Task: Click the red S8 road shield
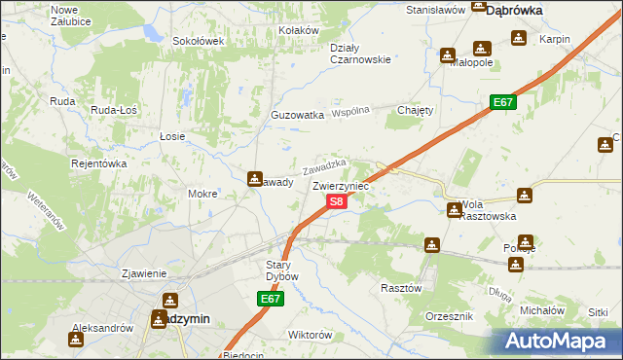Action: coord(336,201)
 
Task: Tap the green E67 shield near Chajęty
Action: coord(502,102)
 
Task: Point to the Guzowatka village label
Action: coord(297,115)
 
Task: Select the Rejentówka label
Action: coord(99,163)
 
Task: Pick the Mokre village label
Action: coord(202,194)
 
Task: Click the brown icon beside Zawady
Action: coord(255,179)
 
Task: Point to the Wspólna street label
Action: coord(352,112)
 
